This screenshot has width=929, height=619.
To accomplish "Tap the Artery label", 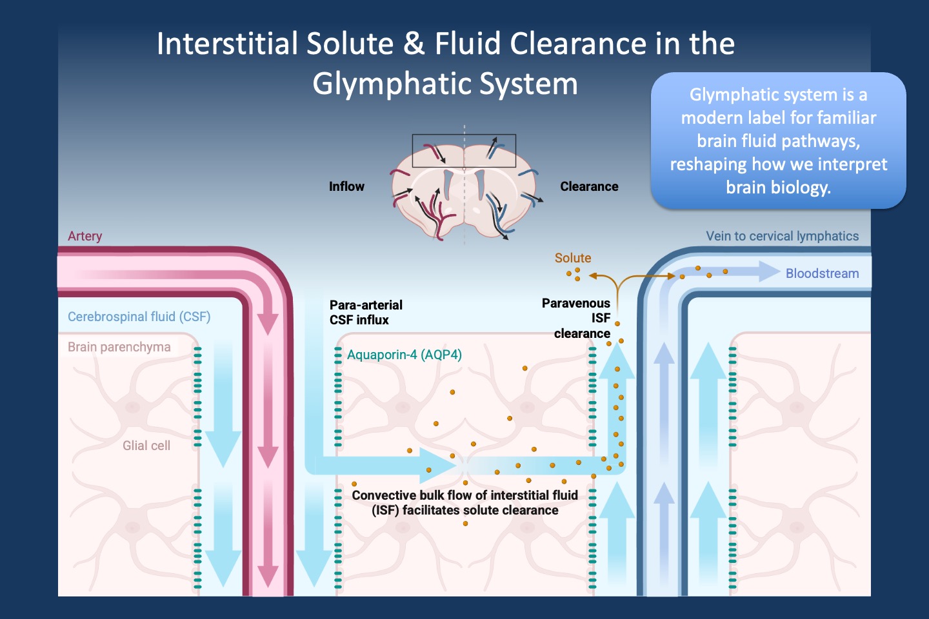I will (85, 236).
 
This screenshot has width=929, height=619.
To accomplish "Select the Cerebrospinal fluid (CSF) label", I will (139, 317).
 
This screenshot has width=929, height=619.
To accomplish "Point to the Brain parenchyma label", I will (119, 347).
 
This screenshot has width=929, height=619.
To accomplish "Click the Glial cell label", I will (146, 446).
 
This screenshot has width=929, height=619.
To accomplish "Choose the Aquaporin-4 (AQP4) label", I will (404, 355).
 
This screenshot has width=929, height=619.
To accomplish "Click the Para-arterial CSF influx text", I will (365, 312).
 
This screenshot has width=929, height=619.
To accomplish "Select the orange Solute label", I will (572, 258).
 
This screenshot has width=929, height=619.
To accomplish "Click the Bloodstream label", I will (822, 273).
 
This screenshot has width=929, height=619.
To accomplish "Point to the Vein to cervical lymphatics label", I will (782, 236).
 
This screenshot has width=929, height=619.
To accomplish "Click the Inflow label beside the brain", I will (346, 186).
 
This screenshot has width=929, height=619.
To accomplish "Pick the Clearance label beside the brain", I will (588, 186).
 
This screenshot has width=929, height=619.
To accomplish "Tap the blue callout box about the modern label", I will (778, 141).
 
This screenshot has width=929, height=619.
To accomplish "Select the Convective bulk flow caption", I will (464, 503).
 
